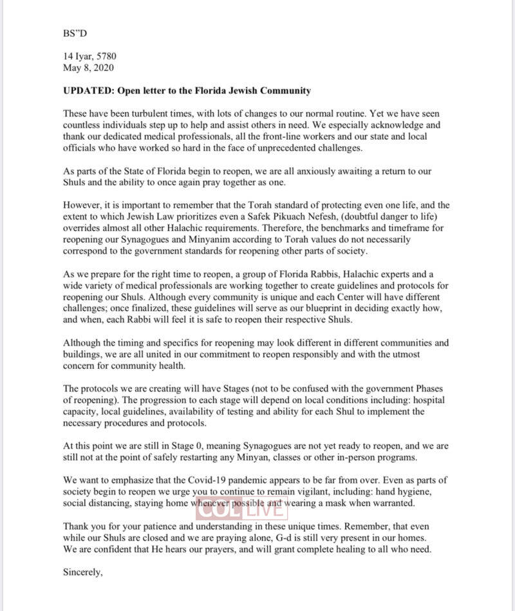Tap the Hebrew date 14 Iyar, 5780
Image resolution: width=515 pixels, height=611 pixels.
pyautogui.click(x=89, y=56)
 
